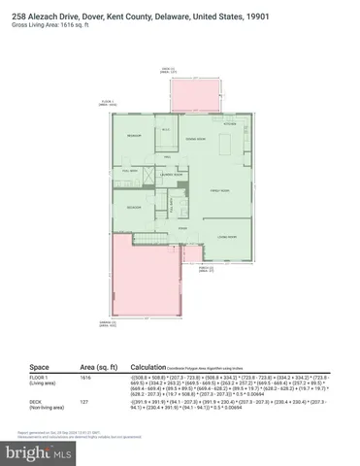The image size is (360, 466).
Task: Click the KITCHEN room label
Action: tap(231, 124)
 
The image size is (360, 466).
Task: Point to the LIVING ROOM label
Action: tap(227, 236)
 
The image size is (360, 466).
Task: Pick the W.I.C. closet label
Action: tap(166, 131)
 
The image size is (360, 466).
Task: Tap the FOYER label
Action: tap(183, 229)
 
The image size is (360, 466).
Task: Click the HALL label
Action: tap(168, 155)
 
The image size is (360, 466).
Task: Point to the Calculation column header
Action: tap(163, 368)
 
